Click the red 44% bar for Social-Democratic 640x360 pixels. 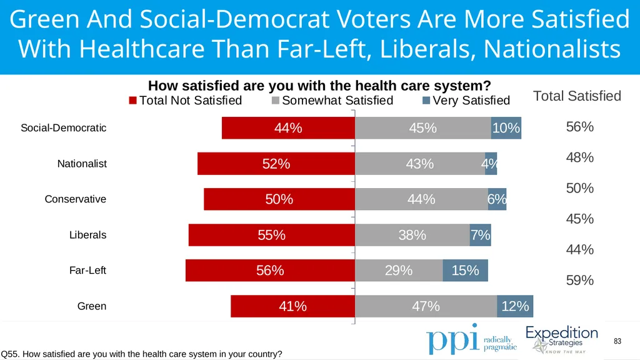coord(288,127)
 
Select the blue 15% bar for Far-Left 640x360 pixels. coord(465,270)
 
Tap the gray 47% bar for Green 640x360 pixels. coord(426,306)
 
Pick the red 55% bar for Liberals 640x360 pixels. coord(272,235)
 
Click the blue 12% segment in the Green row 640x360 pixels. coord(515,306)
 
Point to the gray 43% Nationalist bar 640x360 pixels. coord(420,164)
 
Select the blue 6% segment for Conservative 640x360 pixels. coord(497,199)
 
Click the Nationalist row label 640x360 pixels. coord(82,164)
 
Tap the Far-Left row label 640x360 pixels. coord(87,270)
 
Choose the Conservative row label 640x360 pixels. coord(76,199)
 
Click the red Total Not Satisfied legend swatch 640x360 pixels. coord(132,101)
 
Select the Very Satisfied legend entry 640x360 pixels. coord(466,101)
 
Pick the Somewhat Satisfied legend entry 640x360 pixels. coord(332,101)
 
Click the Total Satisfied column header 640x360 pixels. coord(577,96)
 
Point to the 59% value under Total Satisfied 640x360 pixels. coord(579,281)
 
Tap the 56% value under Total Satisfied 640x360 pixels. coord(579,127)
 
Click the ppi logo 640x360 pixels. coord(471,339)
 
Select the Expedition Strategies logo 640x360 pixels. coord(562,339)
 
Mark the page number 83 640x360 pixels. coord(617,341)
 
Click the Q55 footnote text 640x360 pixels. coord(141,354)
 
